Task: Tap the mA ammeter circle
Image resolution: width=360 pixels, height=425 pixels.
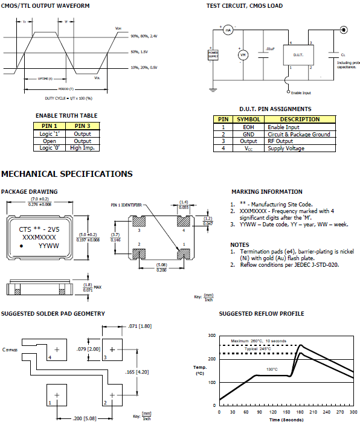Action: [x=228, y=29]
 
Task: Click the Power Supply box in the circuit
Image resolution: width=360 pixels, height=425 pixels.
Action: [x=213, y=54]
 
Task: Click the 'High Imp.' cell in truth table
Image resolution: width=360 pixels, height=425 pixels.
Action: [x=83, y=147]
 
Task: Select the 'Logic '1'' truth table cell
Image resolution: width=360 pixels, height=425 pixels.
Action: [x=50, y=134]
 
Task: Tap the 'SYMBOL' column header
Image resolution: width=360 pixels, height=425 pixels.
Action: [x=248, y=120]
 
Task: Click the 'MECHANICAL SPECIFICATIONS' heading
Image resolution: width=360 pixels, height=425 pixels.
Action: [x=67, y=174]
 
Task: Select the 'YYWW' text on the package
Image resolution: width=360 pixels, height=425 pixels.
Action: [x=49, y=246]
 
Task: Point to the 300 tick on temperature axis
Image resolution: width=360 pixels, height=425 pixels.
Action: [x=212, y=335]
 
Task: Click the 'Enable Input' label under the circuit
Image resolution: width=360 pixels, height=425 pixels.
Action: [x=301, y=92]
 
